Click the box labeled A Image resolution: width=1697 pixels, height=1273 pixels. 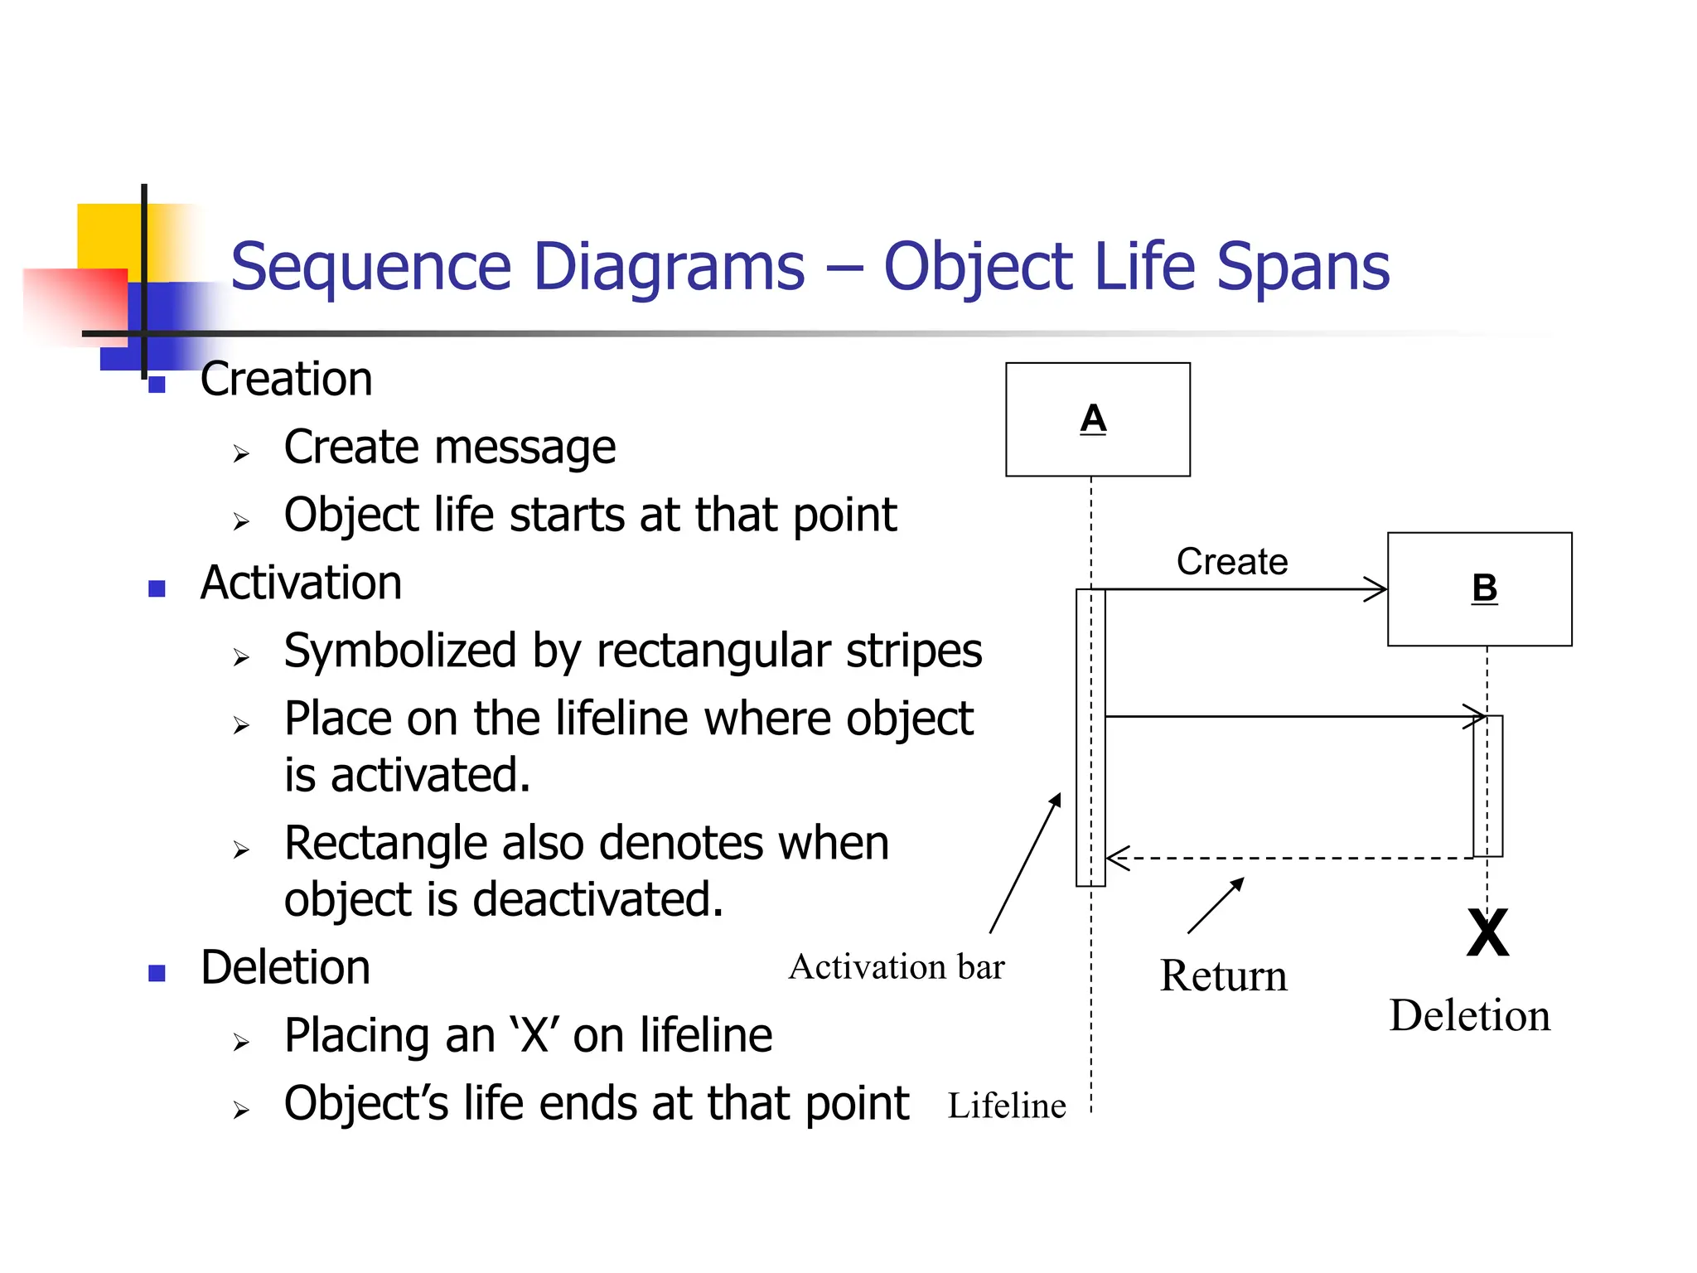1097,419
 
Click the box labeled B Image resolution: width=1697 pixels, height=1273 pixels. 1479,589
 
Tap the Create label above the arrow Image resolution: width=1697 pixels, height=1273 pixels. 1231,562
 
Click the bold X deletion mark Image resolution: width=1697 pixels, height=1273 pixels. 1487,933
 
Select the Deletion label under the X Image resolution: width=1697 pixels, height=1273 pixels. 1469,1015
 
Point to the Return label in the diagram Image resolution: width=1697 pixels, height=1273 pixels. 1223,975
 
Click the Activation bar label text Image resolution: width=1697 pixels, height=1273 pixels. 896,967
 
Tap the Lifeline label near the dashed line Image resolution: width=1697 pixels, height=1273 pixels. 1006,1106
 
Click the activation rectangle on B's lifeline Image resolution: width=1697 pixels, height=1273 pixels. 1487,786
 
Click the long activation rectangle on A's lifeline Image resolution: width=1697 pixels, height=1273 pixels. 1090,738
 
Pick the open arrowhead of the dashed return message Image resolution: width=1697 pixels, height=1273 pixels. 1115,859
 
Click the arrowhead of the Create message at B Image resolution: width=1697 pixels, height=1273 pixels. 1378,590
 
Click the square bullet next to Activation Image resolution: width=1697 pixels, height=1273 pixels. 157,588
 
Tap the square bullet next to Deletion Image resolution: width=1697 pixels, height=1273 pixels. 157,972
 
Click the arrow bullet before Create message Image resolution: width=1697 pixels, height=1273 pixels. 241,453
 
